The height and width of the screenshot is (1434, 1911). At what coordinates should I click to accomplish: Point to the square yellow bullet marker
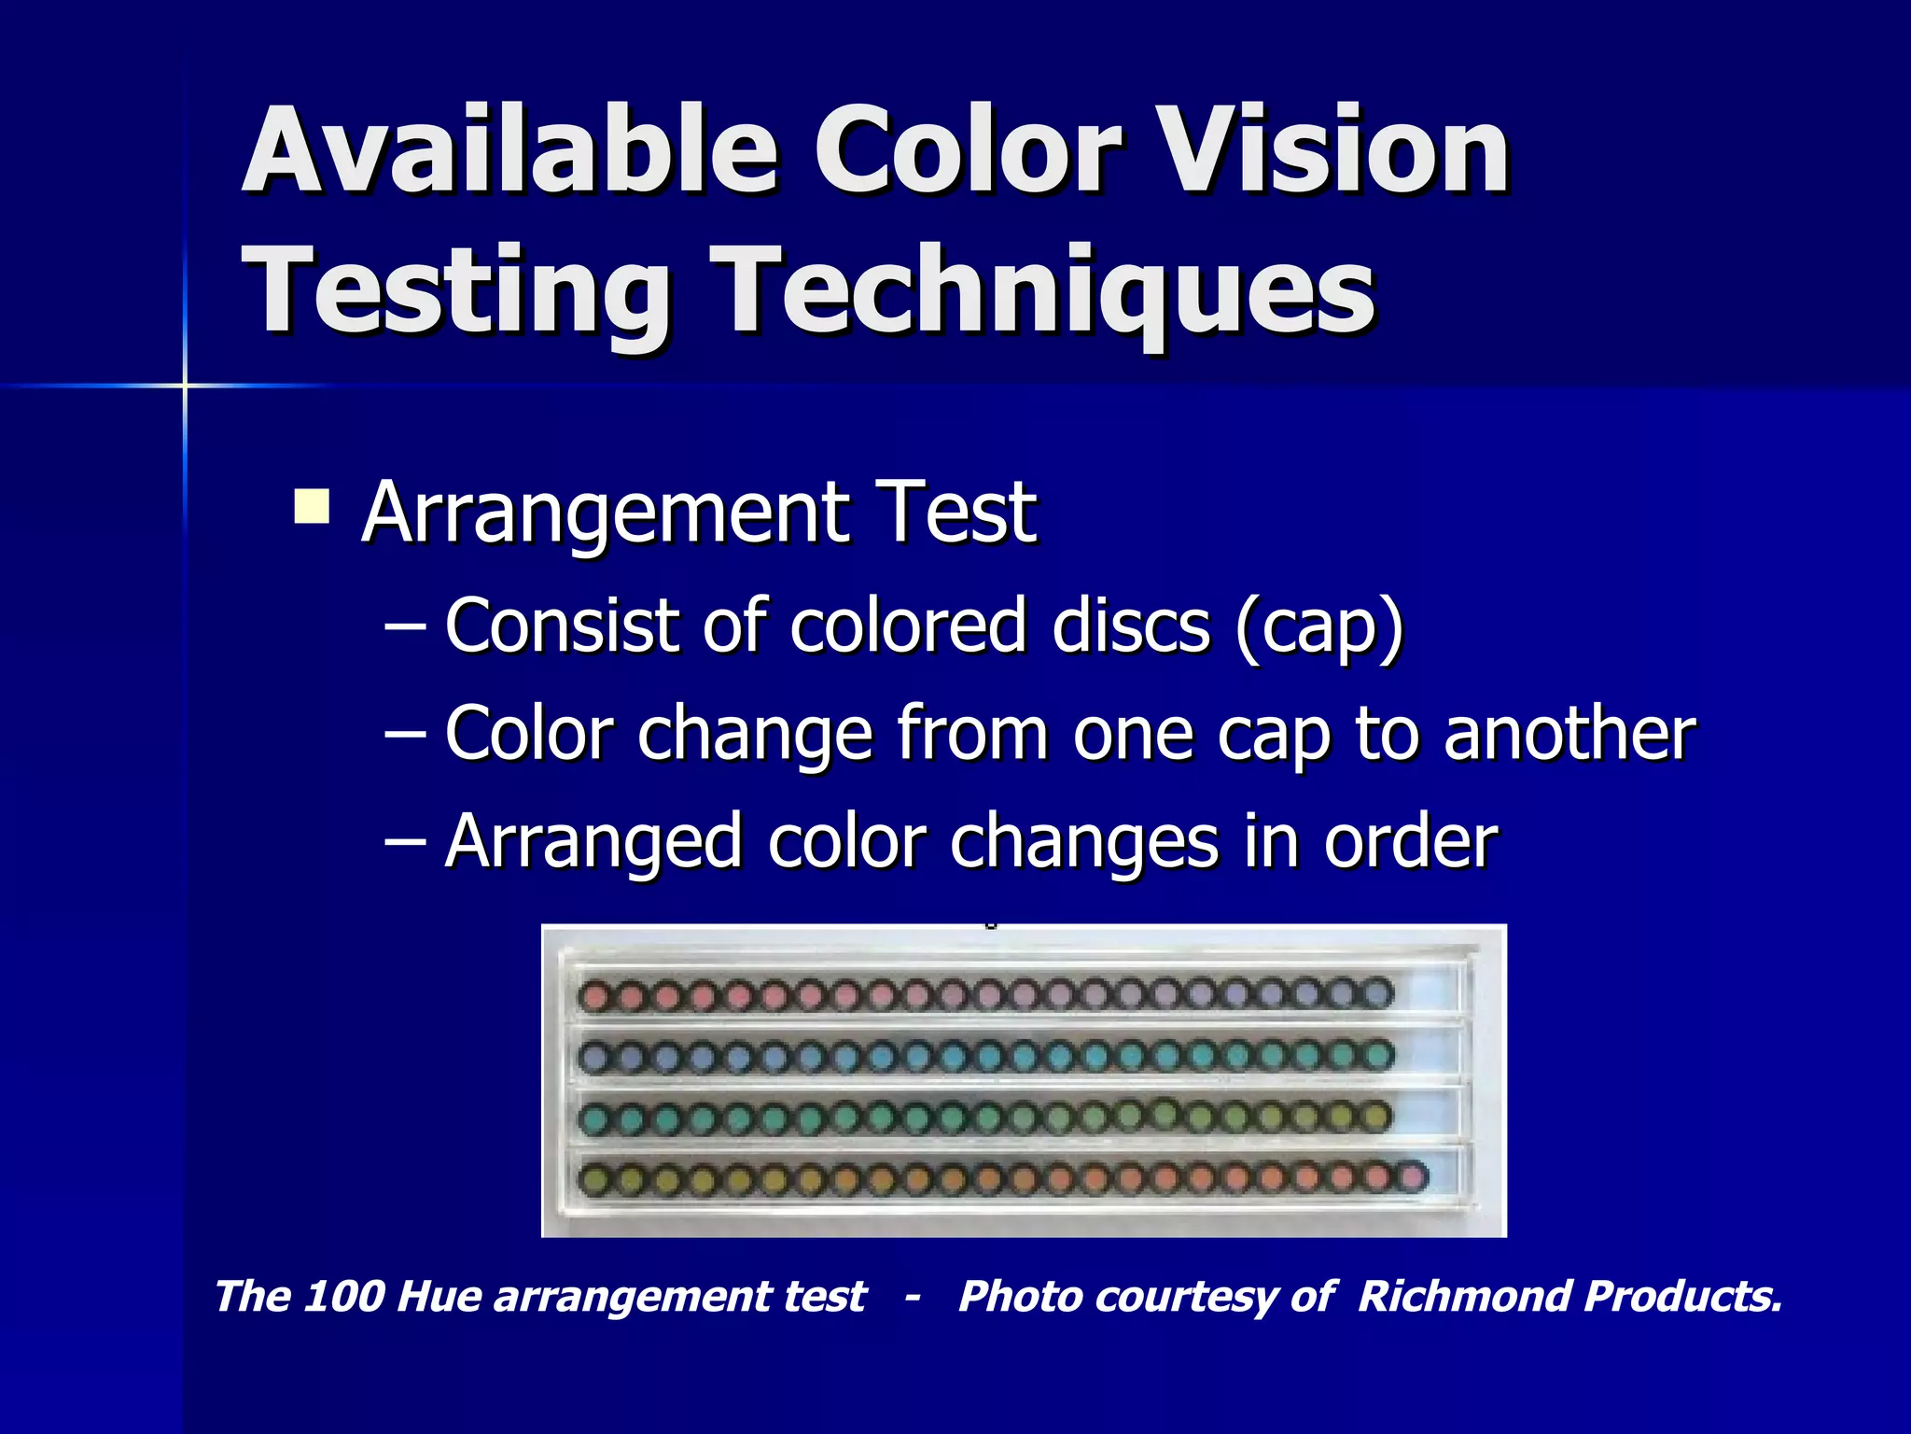[x=311, y=507]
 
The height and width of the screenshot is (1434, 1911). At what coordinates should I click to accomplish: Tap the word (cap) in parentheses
[x=1318, y=626]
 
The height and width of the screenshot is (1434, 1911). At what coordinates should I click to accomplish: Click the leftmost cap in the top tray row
[x=594, y=996]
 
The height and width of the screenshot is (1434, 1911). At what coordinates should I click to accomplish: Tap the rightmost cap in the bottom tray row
[x=1412, y=1176]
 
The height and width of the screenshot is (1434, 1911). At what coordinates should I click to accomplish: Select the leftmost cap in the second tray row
[x=594, y=1057]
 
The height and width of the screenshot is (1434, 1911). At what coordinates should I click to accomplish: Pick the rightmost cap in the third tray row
[x=1375, y=1116]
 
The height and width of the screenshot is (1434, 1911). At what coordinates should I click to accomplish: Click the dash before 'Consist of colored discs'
[x=406, y=626]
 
